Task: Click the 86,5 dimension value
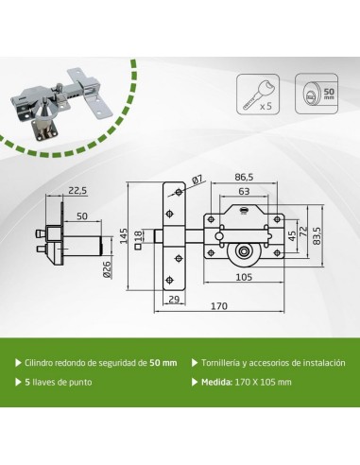click(244, 177)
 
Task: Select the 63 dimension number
click(244, 191)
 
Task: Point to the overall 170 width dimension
click(219, 306)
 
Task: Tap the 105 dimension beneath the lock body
click(244, 277)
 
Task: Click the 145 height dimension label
click(124, 235)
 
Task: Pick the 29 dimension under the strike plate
click(174, 299)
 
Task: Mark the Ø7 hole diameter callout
click(197, 181)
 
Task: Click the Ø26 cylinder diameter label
click(108, 269)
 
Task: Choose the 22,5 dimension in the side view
click(77, 191)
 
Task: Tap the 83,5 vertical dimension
click(317, 235)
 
